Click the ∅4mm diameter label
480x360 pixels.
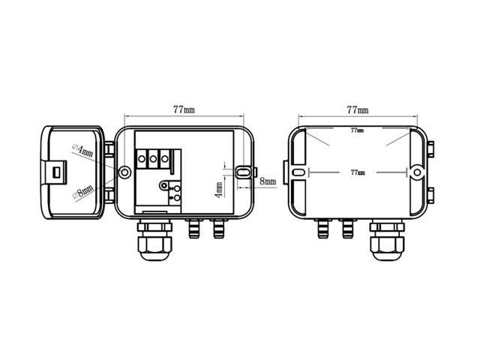click(x=82, y=150)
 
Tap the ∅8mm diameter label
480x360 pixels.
click(x=82, y=192)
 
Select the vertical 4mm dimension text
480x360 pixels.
click(x=219, y=190)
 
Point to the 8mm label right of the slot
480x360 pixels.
click(x=268, y=181)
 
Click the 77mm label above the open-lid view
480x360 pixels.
click(x=184, y=109)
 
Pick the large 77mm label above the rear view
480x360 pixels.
click(x=358, y=109)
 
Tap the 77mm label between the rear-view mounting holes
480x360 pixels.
click(x=358, y=172)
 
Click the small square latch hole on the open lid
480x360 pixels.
click(x=57, y=172)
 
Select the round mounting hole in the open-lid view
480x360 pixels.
click(x=124, y=172)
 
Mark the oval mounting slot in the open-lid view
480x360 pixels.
click(x=243, y=172)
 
